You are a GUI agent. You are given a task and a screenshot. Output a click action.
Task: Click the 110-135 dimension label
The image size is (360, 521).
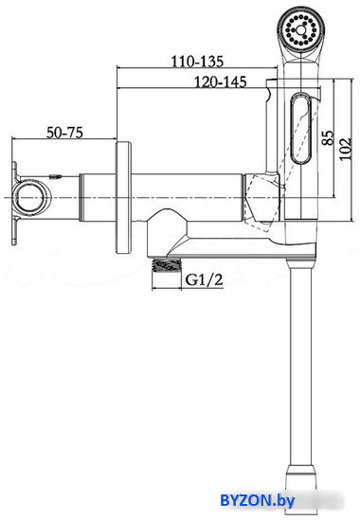(197, 62)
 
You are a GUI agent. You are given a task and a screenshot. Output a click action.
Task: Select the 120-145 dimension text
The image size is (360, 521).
(221, 81)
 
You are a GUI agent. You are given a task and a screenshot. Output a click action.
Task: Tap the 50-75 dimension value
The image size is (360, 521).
(64, 133)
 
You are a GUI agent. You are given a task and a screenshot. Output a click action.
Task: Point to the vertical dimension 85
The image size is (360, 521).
(328, 137)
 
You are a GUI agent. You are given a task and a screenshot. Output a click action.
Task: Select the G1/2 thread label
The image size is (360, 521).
(204, 279)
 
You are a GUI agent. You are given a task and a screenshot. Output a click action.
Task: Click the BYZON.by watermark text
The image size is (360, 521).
(258, 501)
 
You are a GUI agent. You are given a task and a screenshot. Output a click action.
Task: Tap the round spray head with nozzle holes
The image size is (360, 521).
(301, 30)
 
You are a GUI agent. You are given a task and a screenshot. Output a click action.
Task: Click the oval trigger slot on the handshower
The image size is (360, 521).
(301, 128)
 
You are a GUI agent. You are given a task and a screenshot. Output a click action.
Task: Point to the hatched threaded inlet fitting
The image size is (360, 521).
(167, 265)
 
